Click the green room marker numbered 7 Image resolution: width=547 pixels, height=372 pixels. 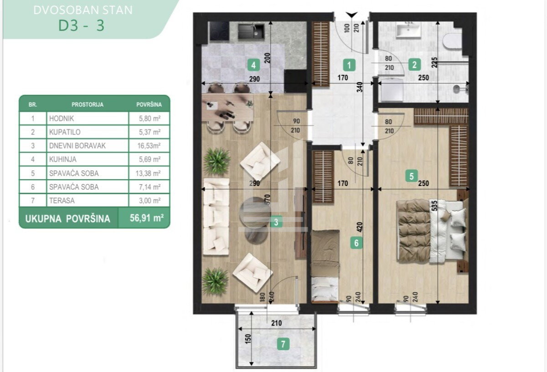point(283,344)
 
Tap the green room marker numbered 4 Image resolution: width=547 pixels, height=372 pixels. point(253,65)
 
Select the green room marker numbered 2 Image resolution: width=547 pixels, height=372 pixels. point(414,65)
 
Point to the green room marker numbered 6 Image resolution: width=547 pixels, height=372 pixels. point(356,243)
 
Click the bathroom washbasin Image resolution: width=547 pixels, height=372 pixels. point(408,30)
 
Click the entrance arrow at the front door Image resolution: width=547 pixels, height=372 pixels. point(352,15)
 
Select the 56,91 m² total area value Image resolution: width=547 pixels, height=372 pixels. point(146,218)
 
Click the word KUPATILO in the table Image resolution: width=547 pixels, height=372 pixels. point(65,132)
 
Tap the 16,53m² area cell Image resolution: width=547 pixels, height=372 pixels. point(149,146)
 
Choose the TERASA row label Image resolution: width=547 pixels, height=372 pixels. point(62,201)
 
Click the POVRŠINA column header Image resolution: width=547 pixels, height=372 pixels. point(149,104)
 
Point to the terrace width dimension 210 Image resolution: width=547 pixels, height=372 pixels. point(276,323)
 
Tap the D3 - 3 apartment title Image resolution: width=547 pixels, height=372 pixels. point(81,26)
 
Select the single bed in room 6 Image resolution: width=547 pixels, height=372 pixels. point(325,266)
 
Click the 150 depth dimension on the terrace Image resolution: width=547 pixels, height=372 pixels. point(248,340)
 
